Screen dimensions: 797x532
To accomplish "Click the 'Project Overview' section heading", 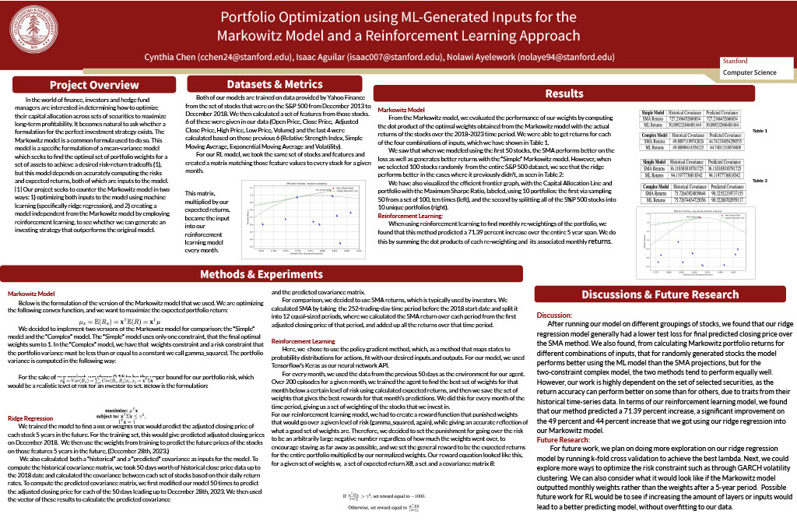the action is [x=94, y=85].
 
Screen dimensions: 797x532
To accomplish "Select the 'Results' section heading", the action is [x=564, y=93].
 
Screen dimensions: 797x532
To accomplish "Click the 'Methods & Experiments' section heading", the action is [x=261, y=274].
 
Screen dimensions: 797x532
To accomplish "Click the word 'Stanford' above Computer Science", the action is [x=736, y=61].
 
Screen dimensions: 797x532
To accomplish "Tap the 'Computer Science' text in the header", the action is [x=749, y=72].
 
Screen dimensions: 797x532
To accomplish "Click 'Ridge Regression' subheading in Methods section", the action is [x=30, y=418].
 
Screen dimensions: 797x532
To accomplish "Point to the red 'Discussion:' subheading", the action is [x=555, y=315].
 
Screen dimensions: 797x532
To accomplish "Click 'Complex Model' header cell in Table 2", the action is [x=655, y=187].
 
